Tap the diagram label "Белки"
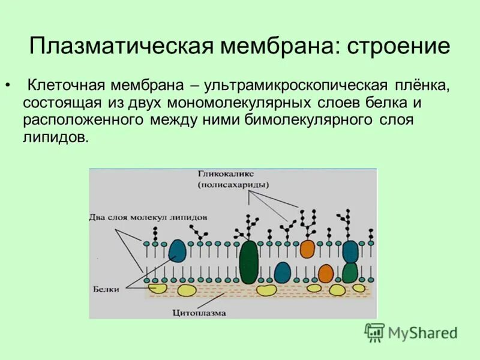(105, 289)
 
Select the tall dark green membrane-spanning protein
(248, 262)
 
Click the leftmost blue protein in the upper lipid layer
(177, 250)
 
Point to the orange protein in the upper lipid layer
(307, 248)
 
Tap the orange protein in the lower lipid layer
(325, 273)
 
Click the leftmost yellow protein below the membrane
(158, 289)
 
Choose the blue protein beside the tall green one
(282, 272)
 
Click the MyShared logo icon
(374, 332)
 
